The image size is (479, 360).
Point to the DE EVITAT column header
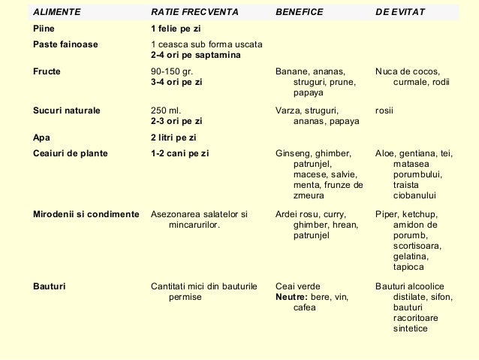point(400,13)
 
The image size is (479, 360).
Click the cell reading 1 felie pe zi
point(176,29)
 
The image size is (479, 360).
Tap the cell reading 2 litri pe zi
point(173,138)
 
